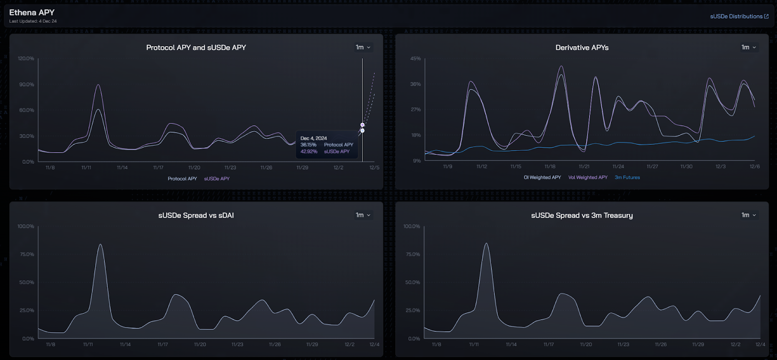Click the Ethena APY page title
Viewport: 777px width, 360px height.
(32, 12)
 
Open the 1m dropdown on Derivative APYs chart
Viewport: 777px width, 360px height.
(748, 47)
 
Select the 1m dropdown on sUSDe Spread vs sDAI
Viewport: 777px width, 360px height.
(363, 215)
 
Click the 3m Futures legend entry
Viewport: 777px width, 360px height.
(627, 177)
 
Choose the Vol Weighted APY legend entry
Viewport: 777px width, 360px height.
(588, 177)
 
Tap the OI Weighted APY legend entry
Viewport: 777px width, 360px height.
(542, 177)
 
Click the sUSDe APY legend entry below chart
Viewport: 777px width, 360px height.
(217, 179)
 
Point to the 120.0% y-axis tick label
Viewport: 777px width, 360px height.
(26, 58)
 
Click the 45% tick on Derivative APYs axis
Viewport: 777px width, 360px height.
(416, 58)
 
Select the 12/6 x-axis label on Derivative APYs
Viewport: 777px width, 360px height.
(754, 167)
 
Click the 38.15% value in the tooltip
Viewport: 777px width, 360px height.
(308, 145)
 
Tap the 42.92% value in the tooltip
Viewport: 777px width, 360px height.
(309, 152)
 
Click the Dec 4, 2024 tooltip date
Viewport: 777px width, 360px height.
(314, 138)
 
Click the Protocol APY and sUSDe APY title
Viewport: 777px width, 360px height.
(196, 48)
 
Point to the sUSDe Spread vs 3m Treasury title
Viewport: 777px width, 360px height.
(582, 215)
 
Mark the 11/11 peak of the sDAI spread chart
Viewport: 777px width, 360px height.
(101, 244)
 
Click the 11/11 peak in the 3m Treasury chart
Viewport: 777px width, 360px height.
(486, 243)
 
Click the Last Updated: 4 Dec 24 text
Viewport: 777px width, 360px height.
(33, 21)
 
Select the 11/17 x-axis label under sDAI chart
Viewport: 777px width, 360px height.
(163, 344)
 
